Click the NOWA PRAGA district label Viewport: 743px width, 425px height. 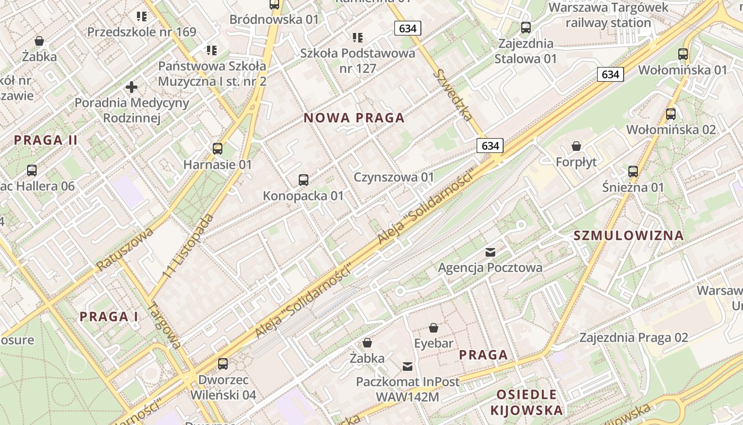(x=354, y=118)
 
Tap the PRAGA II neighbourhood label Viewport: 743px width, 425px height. (x=46, y=140)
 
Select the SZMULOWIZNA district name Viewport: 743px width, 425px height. (x=629, y=235)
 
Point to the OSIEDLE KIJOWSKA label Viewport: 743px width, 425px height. (x=526, y=402)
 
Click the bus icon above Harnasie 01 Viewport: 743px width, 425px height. (x=218, y=149)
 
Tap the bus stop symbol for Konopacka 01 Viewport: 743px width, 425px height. (x=304, y=180)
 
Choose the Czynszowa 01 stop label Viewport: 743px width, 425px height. (x=394, y=177)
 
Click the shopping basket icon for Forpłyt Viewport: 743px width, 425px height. (x=576, y=146)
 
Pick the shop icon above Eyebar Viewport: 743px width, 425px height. (x=434, y=328)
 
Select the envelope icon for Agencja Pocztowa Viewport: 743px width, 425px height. (x=490, y=252)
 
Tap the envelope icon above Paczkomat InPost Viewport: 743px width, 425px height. (x=408, y=366)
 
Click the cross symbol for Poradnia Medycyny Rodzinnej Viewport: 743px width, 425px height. (x=132, y=87)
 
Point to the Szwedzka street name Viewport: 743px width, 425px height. (x=453, y=95)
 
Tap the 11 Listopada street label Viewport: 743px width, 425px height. (x=189, y=246)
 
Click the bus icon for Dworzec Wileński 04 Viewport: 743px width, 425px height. (x=223, y=364)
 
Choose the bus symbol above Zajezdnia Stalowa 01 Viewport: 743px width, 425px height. (x=526, y=28)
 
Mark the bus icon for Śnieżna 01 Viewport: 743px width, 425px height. (x=633, y=172)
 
